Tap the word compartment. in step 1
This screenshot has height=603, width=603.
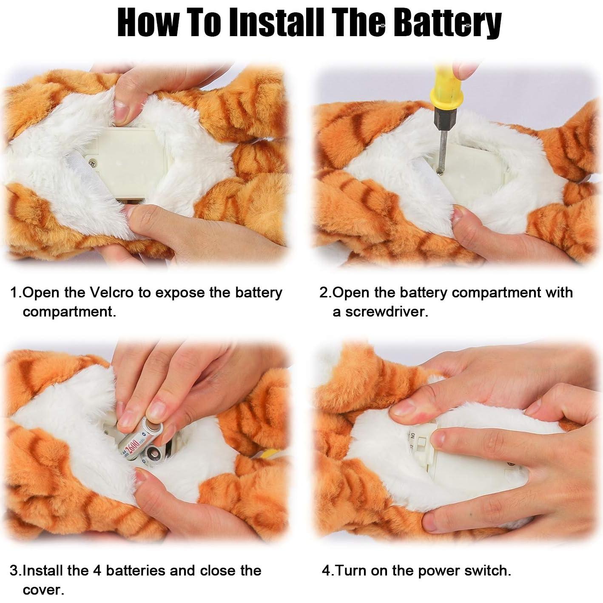(69, 312)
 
